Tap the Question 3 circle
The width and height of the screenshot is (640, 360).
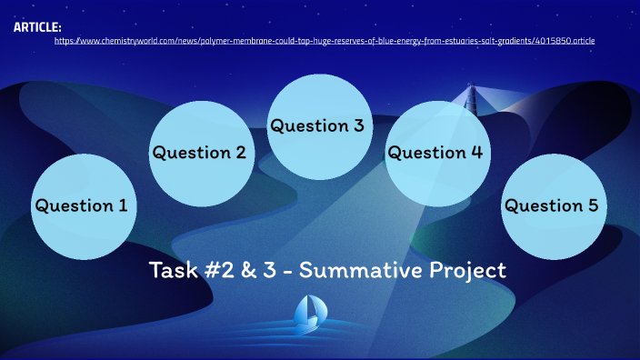[x=318, y=125]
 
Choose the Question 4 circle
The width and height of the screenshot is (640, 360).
[x=436, y=153]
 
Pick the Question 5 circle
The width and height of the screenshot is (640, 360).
[x=553, y=205]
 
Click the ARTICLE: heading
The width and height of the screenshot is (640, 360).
[x=37, y=27]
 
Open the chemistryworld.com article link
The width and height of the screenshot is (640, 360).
[x=325, y=41]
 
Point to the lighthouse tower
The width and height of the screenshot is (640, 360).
[x=470, y=100]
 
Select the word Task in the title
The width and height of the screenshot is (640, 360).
[x=171, y=271]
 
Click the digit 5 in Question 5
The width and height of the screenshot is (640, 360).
[x=592, y=205]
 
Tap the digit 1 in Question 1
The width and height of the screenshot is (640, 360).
[x=123, y=205]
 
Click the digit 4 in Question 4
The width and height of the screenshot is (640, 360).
[x=475, y=153]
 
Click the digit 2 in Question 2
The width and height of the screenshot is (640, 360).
[x=240, y=153]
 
